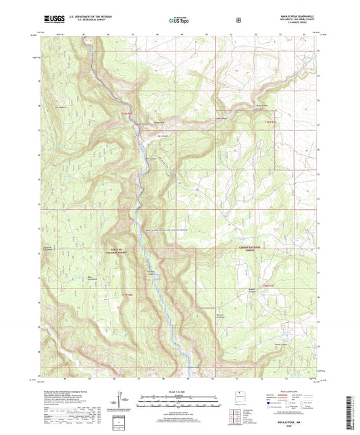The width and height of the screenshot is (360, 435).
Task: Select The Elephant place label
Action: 61,105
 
